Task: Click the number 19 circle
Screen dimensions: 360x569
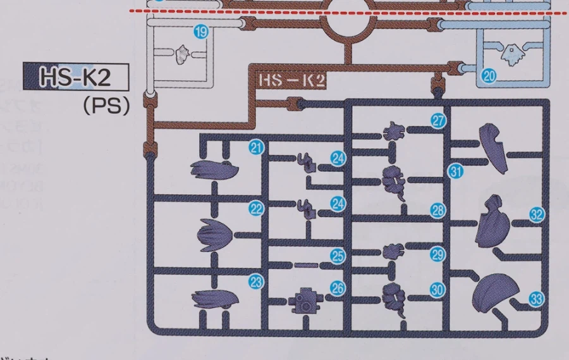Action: click(x=201, y=32)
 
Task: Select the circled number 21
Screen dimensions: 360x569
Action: click(x=255, y=148)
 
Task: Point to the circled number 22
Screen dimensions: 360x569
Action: click(x=255, y=209)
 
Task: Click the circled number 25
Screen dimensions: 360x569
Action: click(x=338, y=256)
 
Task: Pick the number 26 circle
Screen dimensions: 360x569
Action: click(x=338, y=288)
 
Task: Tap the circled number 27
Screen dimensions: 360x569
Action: click(x=439, y=121)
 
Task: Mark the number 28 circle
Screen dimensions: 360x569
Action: click(x=438, y=211)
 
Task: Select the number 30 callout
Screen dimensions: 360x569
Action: click(x=437, y=289)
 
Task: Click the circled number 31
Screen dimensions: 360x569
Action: click(x=456, y=170)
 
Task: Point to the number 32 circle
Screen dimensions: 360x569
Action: click(x=537, y=214)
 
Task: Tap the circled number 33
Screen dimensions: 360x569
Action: click(x=537, y=299)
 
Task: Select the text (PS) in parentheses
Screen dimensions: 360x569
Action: click(x=106, y=105)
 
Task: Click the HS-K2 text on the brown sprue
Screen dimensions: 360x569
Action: click(x=291, y=80)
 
